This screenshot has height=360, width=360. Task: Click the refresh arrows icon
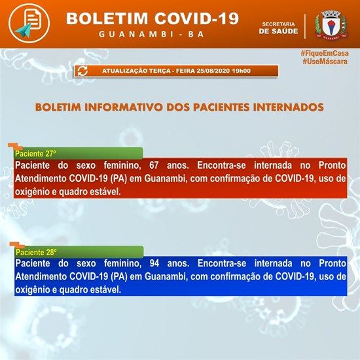[83, 71]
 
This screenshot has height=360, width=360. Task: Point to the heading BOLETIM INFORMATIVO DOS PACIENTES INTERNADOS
[179, 105]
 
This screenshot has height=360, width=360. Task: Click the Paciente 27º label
[37, 154]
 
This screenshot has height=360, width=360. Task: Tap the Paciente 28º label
[37, 251]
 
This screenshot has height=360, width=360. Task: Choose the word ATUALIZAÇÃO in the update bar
[122, 70]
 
